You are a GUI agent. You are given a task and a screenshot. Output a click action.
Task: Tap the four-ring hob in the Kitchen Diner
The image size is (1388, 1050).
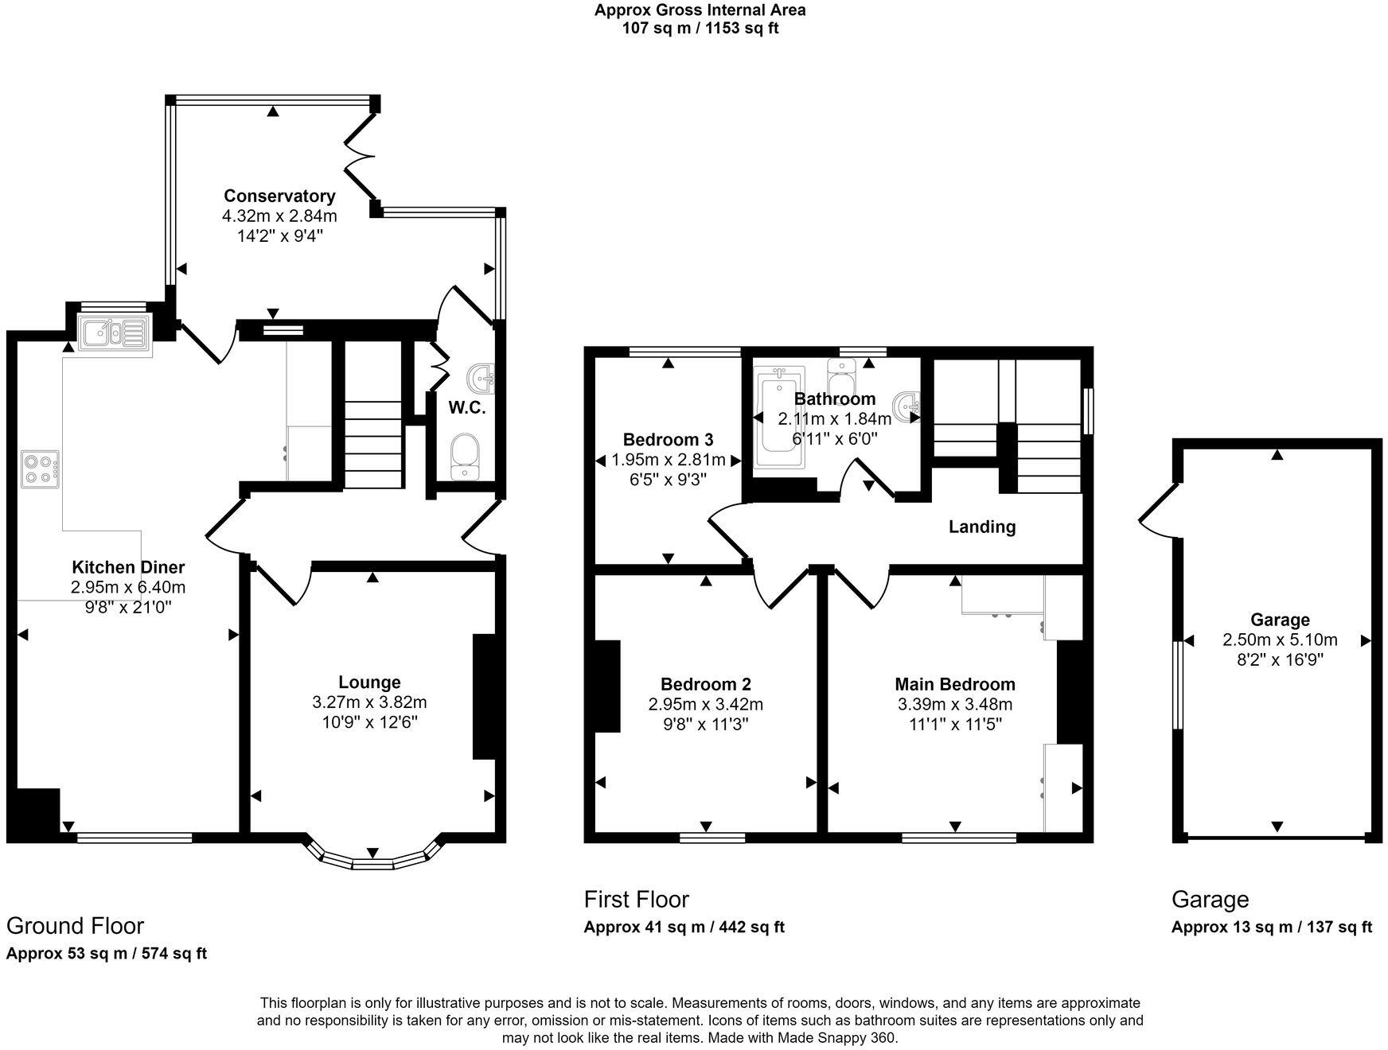click(41, 468)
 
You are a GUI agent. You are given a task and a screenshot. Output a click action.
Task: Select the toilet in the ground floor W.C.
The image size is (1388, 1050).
click(464, 457)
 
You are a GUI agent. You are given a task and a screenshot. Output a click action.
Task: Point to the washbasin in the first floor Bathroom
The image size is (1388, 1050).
click(906, 406)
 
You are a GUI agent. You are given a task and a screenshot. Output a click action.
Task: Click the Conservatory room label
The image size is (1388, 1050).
click(279, 196)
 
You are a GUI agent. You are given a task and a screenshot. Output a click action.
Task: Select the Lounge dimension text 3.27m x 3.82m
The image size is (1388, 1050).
click(369, 702)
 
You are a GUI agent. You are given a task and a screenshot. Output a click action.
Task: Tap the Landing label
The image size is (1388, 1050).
click(981, 527)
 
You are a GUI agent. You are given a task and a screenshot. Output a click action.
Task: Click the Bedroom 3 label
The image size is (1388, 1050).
click(668, 439)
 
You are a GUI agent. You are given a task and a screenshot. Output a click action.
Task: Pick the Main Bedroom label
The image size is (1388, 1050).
click(954, 684)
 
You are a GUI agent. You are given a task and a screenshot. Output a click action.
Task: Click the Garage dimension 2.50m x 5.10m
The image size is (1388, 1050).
click(1279, 640)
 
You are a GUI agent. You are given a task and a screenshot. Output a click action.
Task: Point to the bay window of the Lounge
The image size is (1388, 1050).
click(372, 857)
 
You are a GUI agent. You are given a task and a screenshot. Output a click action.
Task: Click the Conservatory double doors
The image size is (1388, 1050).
click(361, 155)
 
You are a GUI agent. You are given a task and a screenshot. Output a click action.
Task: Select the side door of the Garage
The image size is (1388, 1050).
click(1158, 509)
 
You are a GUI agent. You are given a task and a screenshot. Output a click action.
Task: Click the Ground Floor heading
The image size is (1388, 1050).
click(75, 926)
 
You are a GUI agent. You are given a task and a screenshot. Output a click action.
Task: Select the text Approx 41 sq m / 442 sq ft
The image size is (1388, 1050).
click(684, 927)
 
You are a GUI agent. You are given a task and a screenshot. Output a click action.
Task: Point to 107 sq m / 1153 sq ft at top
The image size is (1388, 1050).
click(700, 29)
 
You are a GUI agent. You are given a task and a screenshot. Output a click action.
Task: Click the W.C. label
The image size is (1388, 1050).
click(466, 408)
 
